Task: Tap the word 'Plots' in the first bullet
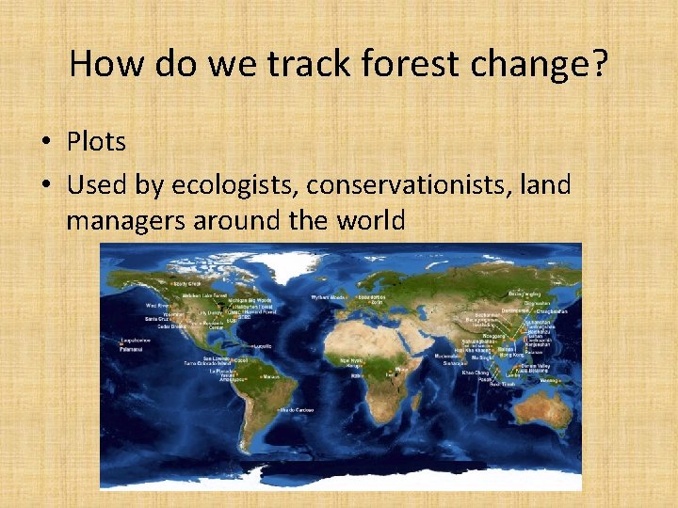pos(96,142)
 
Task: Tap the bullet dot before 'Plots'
pos(47,143)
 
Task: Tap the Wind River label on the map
pos(156,306)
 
